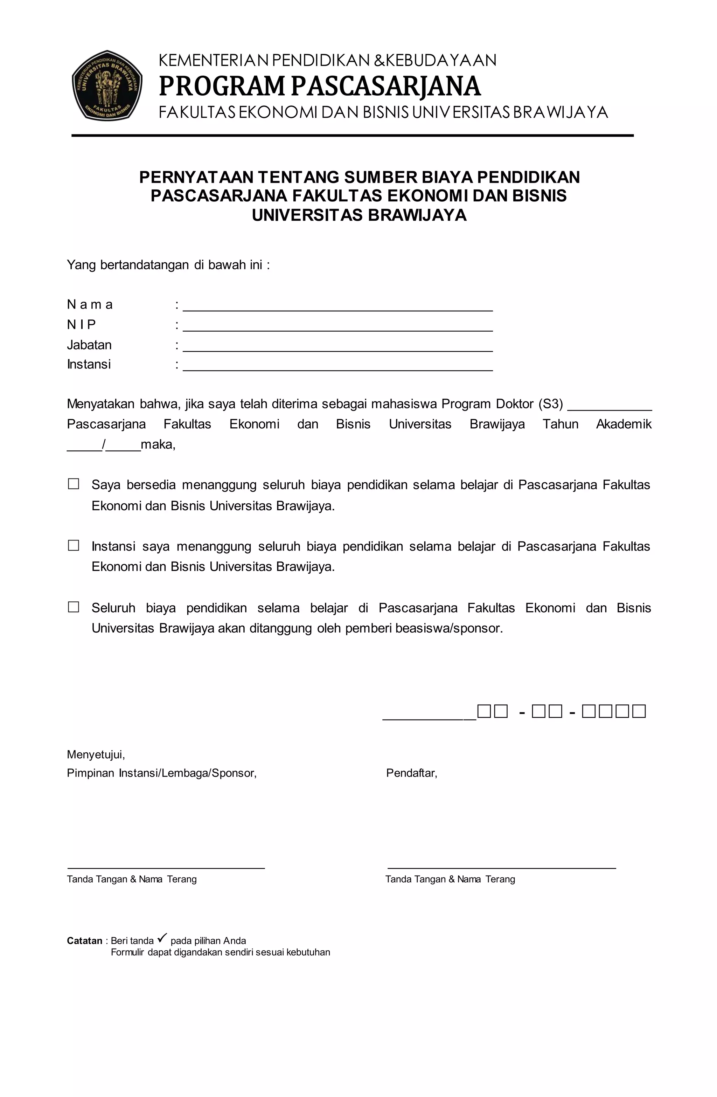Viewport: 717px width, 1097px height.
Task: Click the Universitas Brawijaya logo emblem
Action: tap(107, 86)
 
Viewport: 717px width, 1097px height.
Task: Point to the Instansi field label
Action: tap(89, 364)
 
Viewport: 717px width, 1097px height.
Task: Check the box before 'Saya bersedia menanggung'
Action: tap(74, 484)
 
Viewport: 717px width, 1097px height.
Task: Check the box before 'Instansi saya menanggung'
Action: tap(74, 545)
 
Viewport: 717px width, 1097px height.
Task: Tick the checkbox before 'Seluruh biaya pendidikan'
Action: tap(74, 607)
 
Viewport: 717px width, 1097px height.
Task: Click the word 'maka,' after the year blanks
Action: tap(158, 444)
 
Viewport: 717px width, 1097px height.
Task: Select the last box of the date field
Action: tap(639, 711)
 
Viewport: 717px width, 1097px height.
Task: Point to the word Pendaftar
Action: tap(411, 773)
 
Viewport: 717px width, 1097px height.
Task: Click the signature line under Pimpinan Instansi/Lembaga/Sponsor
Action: tap(166, 868)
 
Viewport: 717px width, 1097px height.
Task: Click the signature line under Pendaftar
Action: tap(501, 868)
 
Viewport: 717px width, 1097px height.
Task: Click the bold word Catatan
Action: tap(84, 941)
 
